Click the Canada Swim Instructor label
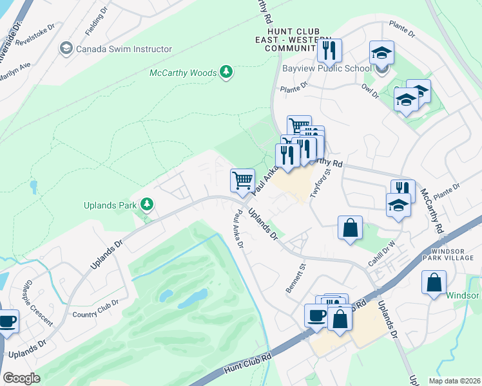click(124, 49)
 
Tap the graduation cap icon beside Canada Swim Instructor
click(65, 49)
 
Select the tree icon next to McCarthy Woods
click(226, 72)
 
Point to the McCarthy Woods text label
click(183, 73)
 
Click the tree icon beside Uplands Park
click(148, 205)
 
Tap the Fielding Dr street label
click(96, 21)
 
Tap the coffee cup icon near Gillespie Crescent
click(7, 321)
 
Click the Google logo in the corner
click(21, 378)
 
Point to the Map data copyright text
click(454, 381)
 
